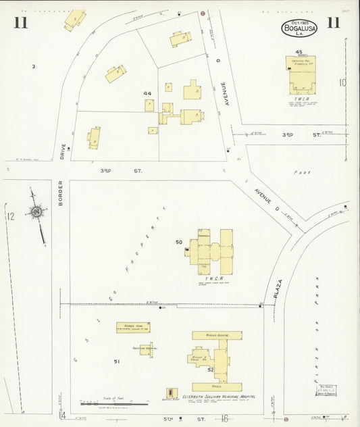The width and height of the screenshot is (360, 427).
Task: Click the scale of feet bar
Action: click(x=113, y=404)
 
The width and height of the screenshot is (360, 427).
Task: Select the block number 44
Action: click(x=147, y=93)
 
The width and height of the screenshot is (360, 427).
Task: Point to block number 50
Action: click(x=179, y=242)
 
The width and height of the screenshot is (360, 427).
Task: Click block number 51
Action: click(x=117, y=362)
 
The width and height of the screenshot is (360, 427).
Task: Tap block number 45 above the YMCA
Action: click(x=298, y=52)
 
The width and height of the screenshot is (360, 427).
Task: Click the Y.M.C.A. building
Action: click(x=303, y=75)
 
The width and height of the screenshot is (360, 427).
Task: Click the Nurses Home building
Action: click(x=132, y=328)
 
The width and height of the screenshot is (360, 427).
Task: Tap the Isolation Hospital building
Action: click(x=146, y=349)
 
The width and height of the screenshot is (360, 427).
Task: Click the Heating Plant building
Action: click(x=172, y=393)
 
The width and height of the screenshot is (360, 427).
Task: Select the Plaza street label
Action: click(x=278, y=288)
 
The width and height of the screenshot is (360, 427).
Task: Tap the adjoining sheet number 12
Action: click(x=10, y=217)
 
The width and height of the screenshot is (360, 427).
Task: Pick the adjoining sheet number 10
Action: click(x=343, y=83)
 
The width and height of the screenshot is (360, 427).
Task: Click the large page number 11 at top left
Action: click(x=21, y=24)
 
